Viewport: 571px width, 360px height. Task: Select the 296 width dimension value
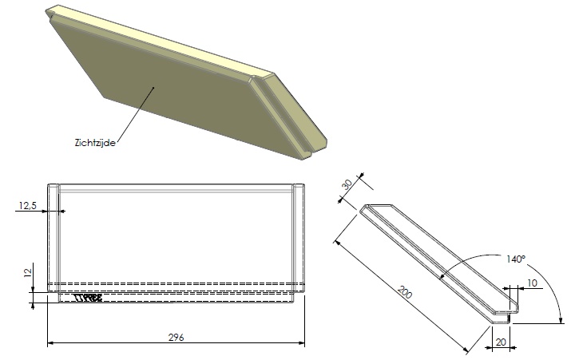pos(177,337)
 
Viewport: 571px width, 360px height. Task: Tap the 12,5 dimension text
pos(28,205)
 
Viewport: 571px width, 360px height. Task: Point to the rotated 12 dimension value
pos(28,273)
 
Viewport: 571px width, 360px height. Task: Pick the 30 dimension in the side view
pos(347,184)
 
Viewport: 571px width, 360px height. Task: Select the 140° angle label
pos(516,259)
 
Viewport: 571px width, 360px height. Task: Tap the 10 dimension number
pos(532,284)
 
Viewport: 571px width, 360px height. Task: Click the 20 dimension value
pos(500,342)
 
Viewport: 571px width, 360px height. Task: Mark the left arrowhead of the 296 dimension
pos(51,343)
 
